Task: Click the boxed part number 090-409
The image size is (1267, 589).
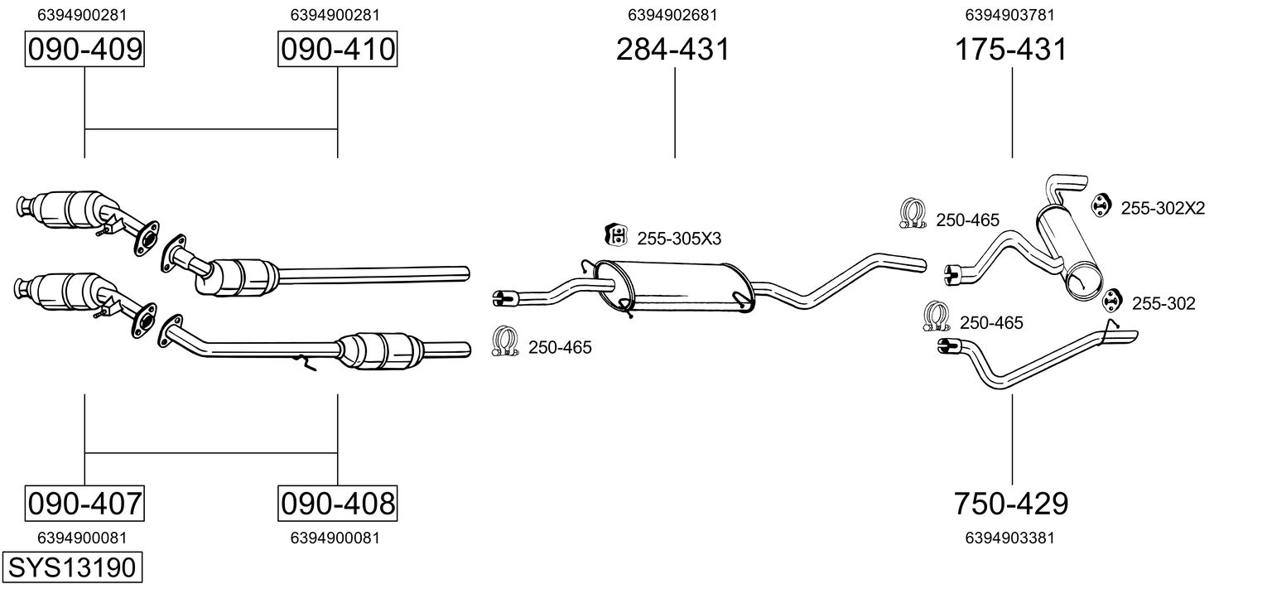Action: coord(84,50)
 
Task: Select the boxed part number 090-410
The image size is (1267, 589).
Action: coord(337,50)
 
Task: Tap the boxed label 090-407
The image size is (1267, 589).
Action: coord(84,503)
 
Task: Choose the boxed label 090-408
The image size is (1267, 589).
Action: coord(337,503)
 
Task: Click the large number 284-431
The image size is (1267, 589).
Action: coord(672,50)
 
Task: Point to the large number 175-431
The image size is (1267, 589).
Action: coord(1010,50)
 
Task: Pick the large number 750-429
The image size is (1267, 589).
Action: coord(1010,503)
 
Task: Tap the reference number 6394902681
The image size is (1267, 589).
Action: coord(672,15)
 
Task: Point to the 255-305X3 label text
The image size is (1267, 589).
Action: coord(679,239)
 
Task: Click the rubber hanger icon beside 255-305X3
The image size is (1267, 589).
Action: coord(615,234)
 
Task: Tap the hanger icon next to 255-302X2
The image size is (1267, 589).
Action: coord(1099,205)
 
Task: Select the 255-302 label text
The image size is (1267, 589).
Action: coord(1163,304)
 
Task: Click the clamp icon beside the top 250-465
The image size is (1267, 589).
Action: coord(913,215)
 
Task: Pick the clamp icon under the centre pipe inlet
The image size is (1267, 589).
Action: coord(505,341)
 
